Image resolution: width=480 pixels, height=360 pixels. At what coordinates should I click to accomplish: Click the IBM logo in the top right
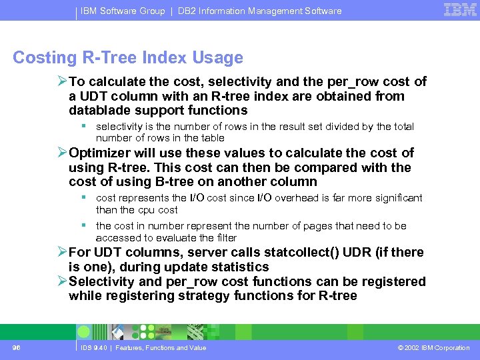click(x=460, y=10)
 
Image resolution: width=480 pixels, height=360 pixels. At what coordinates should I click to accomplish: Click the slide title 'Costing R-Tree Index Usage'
click(x=128, y=58)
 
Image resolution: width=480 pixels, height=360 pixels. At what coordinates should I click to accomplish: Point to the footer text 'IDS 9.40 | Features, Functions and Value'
click(x=143, y=347)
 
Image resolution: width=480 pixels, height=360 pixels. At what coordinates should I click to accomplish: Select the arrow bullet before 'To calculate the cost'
click(x=62, y=82)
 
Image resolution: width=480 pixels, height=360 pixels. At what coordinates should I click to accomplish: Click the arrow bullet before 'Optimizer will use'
click(x=62, y=153)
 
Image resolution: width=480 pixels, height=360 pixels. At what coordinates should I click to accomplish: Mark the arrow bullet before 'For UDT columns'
click(x=62, y=252)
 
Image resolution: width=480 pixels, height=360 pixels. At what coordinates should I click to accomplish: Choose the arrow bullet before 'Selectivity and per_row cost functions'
click(x=62, y=281)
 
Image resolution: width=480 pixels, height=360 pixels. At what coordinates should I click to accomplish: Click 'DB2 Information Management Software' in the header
click(x=259, y=11)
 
